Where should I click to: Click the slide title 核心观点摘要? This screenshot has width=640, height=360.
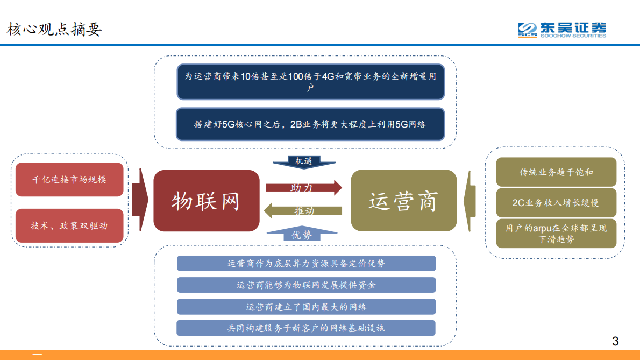point(54,29)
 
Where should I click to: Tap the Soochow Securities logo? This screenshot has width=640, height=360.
point(561,30)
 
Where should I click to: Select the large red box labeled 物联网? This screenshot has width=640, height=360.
point(206,201)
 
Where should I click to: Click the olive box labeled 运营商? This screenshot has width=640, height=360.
point(403,201)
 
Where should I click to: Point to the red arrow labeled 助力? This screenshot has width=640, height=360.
point(303,187)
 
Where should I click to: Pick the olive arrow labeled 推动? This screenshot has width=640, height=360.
point(303,211)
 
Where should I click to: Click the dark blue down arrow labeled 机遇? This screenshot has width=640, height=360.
point(304,161)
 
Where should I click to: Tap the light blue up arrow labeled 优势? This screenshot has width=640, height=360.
point(304,235)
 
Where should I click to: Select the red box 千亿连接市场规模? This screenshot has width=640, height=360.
point(69,179)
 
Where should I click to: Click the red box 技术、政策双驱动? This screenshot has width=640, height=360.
point(69,225)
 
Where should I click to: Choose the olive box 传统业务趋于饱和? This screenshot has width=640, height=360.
point(556,172)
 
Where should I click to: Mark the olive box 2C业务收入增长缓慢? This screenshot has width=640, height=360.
point(556,203)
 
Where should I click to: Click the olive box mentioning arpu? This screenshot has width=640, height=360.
point(556,234)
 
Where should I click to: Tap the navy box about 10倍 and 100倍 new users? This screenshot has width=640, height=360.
point(311,82)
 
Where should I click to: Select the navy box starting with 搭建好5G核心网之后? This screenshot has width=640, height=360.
point(311,124)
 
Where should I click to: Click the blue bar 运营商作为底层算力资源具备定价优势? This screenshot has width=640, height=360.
point(306,263)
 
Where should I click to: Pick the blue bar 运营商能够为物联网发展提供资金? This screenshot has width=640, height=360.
point(306,285)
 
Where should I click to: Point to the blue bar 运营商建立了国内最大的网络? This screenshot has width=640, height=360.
point(306,307)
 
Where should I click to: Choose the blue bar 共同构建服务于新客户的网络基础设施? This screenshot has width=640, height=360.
point(306,328)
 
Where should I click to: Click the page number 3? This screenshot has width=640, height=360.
point(615,341)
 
